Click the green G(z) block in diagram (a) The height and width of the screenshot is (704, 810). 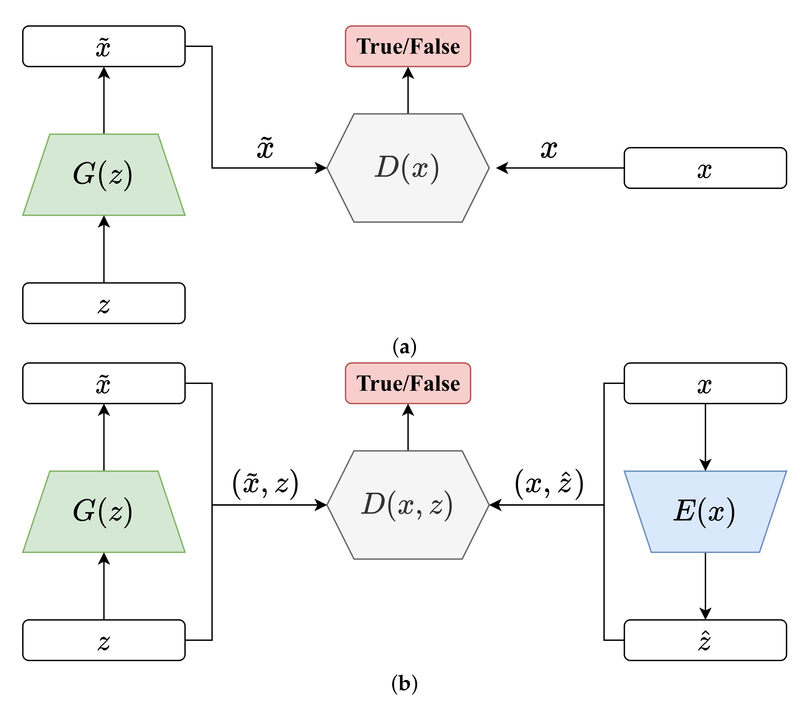tap(104, 174)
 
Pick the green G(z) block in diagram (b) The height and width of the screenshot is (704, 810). tap(104, 511)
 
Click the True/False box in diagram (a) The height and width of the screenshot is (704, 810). tap(408, 46)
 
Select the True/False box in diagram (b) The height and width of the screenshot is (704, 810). tap(408, 383)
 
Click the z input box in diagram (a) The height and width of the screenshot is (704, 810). tap(104, 303)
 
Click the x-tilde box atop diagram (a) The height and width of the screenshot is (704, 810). tap(104, 46)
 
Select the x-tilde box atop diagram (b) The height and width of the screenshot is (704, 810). tap(104, 383)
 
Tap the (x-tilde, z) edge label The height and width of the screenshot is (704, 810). tap(265, 484)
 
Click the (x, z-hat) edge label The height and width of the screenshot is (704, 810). tap(549, 484)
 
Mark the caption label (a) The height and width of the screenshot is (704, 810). tap(404, 347)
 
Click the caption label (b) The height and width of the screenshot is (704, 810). tap(404, 684)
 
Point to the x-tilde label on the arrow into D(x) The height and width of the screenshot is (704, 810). tap(265, 148)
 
